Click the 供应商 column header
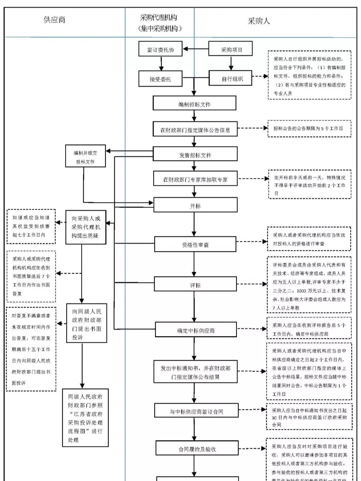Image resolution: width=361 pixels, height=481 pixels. (55, 20)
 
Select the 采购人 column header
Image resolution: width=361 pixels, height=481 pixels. (258, 21)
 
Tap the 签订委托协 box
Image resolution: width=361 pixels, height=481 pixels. (161, 50)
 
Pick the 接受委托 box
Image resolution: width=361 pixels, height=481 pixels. (161, 79)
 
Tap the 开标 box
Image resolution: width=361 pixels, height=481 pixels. (195, 205)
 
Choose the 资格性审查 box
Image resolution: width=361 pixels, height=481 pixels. (195, 244)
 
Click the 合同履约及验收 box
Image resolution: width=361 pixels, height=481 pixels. (197, 449)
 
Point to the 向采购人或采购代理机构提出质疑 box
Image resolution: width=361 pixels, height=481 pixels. (86, 227)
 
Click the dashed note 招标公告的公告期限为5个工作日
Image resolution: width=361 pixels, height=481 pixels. (309, 129)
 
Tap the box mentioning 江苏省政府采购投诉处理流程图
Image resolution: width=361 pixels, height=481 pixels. (85, 417)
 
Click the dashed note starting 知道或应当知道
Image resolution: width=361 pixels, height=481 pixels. (31, 226)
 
